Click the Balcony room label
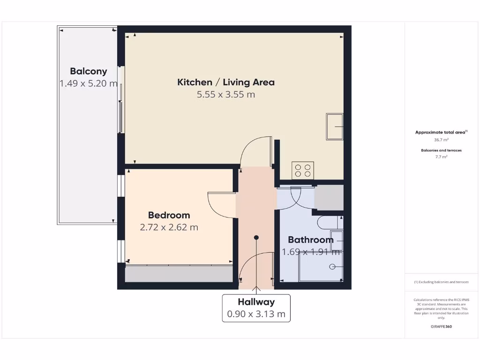click(x=89, y=71)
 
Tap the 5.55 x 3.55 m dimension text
click(x=226, y=94)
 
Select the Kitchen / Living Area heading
click(x=226, y=82)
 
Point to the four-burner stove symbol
click(x=303, y=170)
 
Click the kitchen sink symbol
click(x=335, y=127)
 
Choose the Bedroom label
click(x=169, y=215)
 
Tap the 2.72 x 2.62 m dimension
click(x=169, y=227)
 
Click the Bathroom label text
click(x=311, y=240)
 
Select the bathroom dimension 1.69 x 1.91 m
click(x=311, y=252)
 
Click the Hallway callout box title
click(x=256, y=302)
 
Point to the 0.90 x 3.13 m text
click(x=256, y=314)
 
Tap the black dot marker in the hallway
click(x=256, y=238)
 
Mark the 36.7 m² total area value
click(x=441, y=140)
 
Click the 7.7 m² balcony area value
click(x=441, y=157)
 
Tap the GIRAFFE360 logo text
click(x=441, y=326)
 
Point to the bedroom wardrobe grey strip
click(x=179, y=274)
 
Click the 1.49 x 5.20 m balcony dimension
click(x=89, y=83)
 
